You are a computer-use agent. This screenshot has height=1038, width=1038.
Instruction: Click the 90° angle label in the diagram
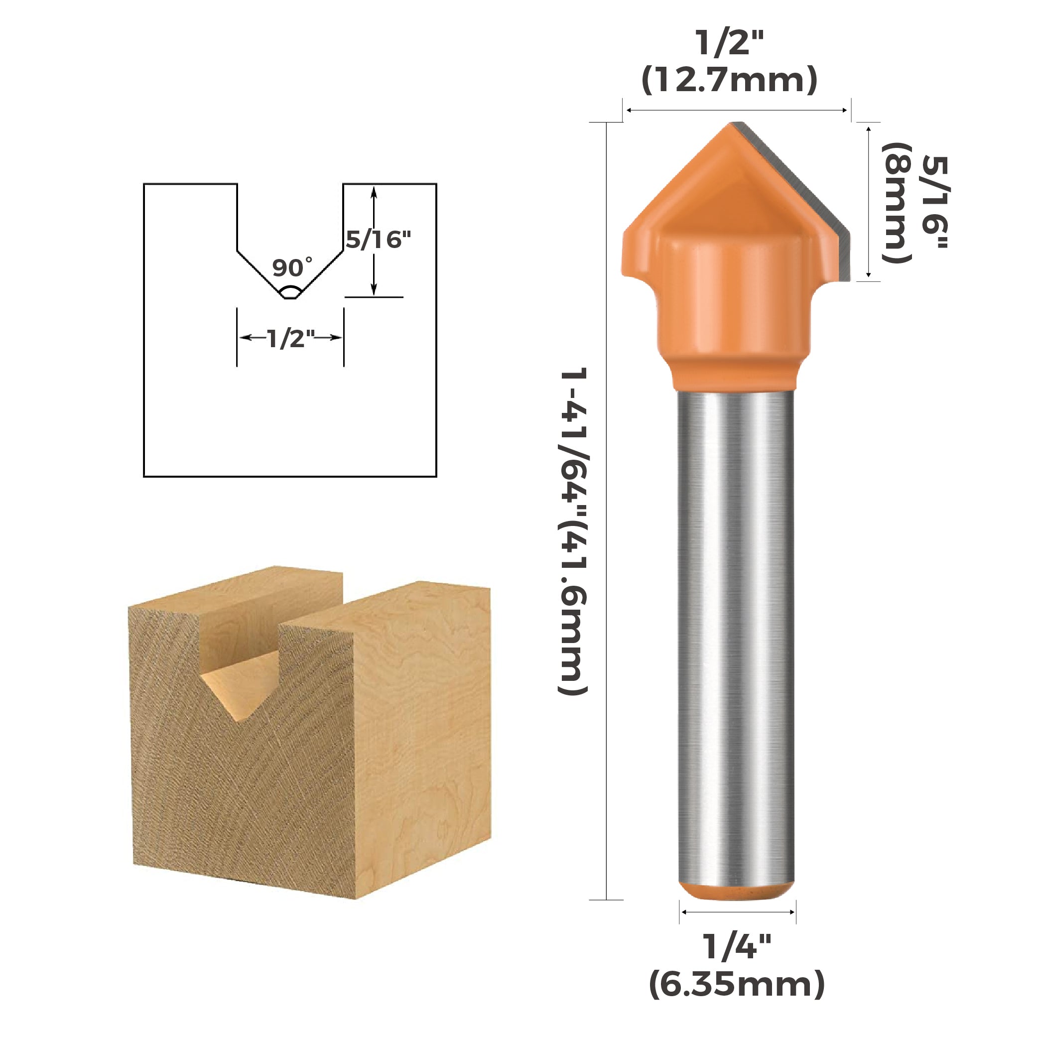[x=292, y=267]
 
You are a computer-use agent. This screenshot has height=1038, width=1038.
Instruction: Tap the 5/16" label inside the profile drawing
[x=378, y=240]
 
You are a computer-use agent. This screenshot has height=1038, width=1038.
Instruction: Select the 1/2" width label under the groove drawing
[x=290, y=339]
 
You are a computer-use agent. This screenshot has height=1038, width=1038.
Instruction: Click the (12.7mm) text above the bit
[x=729, y=80]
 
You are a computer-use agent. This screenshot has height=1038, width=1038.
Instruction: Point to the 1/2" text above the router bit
[x=729, y=43]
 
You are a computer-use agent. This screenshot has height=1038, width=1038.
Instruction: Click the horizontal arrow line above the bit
[x=737, y=111]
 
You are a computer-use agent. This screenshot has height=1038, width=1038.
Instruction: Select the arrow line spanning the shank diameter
[x=737, y=912]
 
